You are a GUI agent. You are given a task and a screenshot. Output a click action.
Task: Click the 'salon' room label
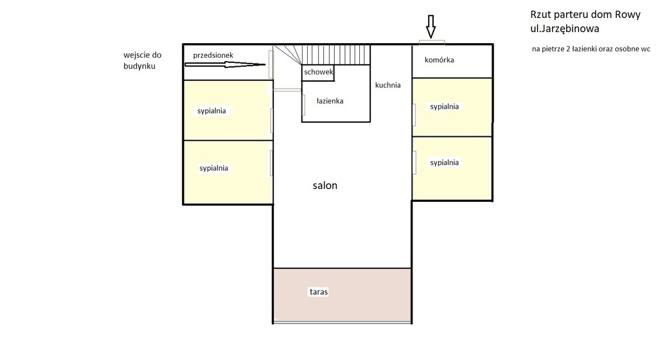[x=325, y=185]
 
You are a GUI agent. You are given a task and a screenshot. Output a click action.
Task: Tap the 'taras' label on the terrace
[x=319, y=292]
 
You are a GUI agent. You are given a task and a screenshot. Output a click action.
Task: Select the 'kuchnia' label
[x=387, y=85]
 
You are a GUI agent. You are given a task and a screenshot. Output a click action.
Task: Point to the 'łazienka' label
[x=330, y=101]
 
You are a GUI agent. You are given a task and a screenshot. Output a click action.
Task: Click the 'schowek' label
[x=319, y=72]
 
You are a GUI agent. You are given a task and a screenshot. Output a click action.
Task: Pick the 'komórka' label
[x=439, y=60]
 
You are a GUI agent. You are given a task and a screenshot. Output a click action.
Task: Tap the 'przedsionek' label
[x=213, y=55]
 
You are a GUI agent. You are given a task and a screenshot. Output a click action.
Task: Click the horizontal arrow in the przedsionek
[x=225, y=65]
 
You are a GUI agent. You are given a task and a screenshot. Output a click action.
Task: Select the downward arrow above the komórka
[x=431, y=26]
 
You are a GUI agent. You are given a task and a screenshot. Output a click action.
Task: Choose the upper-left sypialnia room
[x=228, y=110]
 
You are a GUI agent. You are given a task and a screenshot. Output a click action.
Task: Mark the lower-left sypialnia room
[x=228, y=172]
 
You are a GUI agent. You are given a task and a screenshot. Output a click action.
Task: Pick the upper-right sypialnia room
[x=452, y=107]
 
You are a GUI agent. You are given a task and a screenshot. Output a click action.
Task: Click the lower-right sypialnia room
[x=452, y=168]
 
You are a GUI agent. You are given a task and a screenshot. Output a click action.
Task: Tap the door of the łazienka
[x=303, y=105]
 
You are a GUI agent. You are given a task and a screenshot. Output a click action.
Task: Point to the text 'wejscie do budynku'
[x=142, y=60]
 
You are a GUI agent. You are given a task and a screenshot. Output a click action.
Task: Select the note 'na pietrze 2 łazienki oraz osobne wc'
[x=591, y=49]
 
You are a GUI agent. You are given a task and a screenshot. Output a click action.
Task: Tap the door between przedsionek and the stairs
[x=271, y=64]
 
